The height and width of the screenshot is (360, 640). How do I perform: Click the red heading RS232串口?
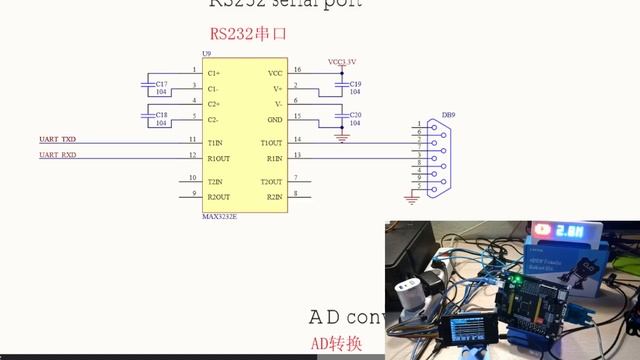[x=248, y=32]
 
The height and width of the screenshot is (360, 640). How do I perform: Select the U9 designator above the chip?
[x=206, y=53]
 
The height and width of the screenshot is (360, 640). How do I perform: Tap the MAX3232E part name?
[x=219, y=215]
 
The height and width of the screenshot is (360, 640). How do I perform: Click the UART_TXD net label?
[x=57, y=140]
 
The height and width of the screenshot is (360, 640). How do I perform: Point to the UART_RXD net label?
[x=57, y=155]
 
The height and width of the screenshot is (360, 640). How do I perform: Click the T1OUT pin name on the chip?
[x=272, y=143]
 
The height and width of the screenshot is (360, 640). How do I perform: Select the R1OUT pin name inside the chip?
[x=219, y=158]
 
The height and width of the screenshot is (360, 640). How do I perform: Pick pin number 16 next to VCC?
[x=297, y=70]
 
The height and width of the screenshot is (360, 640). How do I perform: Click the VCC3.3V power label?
[x=342, y=61]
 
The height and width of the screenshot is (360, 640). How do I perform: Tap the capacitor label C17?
[x=161, y=83]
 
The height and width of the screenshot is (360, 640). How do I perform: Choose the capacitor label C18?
[x=161, y=114]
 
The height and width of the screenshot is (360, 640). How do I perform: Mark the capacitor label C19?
[x=356, y=83]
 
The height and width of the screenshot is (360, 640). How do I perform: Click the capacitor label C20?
[x=356, y=114]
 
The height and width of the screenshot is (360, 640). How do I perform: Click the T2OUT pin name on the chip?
[x=272, y=181]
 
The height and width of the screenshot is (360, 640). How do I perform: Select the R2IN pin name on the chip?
[x=275, y=196]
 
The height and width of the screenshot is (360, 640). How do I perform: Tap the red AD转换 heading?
[x=335, y=344]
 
